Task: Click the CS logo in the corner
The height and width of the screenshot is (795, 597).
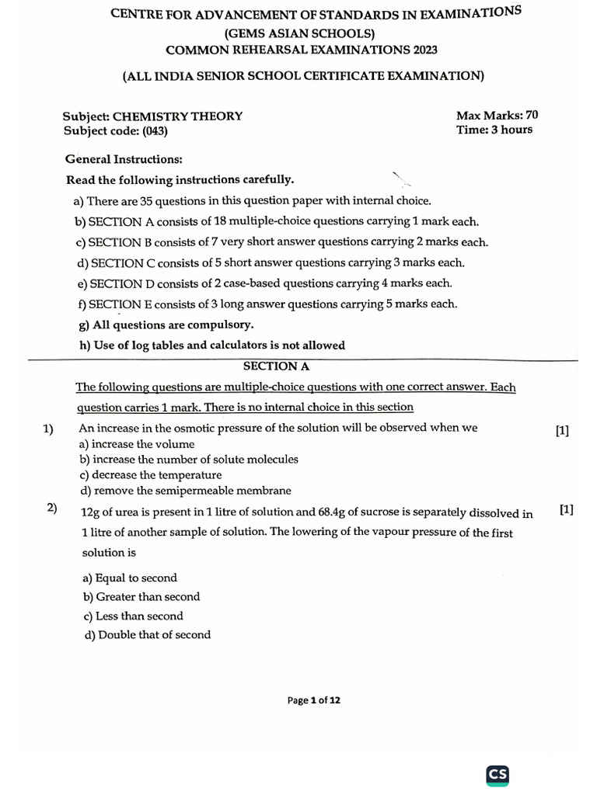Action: (497, 775)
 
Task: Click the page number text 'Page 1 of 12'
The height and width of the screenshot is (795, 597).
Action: (313, 700)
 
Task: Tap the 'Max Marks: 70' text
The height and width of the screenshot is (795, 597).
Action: (497, 116)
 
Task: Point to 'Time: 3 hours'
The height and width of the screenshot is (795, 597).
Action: (494, 130)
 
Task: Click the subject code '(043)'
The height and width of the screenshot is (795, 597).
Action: (154, 130)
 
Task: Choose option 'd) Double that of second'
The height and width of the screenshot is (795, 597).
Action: (146, 634)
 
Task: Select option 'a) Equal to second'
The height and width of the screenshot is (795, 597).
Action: (130, 578)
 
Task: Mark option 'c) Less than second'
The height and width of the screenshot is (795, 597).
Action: (133, 616)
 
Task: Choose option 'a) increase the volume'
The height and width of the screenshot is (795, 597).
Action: (138, 444)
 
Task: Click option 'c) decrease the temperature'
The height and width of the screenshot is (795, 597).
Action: (150, 474)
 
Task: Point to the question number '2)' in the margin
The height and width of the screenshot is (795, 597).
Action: (52, 509)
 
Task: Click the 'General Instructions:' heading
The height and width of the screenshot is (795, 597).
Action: (124, 159)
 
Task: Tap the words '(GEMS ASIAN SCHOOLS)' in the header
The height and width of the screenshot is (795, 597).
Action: (299, 33)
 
